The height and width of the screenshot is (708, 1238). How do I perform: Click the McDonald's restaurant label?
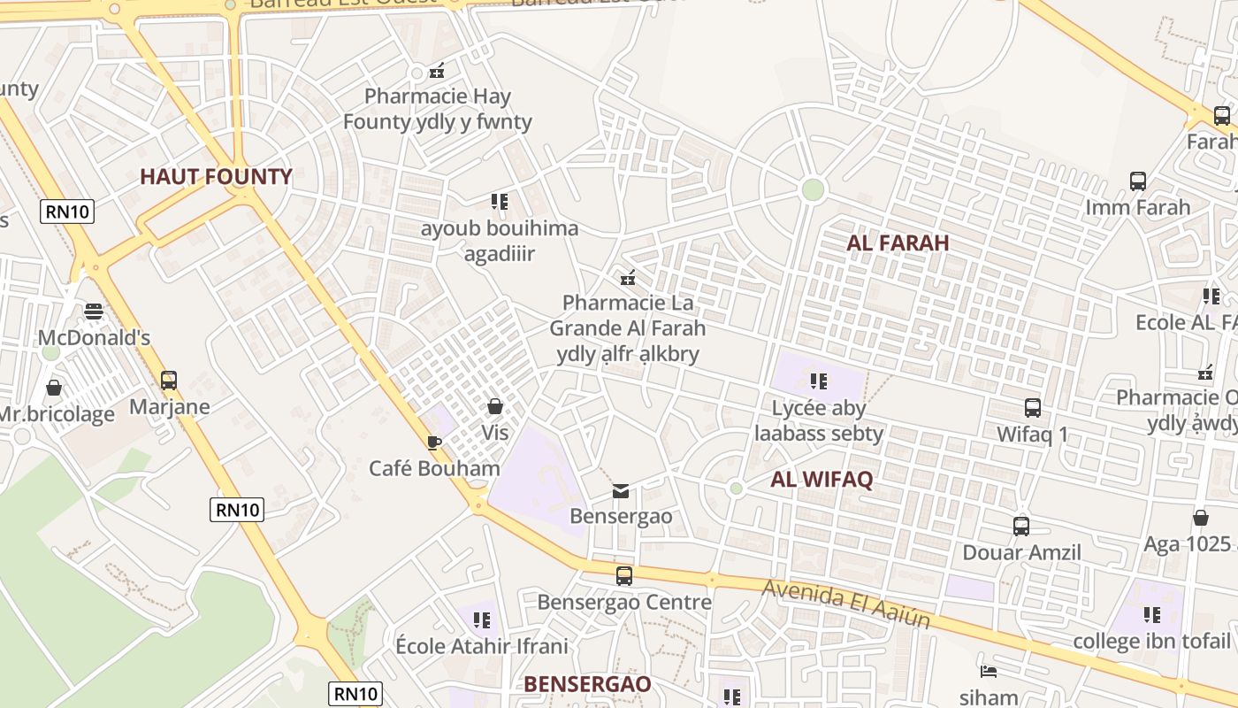[x=94, y=338]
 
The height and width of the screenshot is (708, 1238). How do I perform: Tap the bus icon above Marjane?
[x=169, y=381]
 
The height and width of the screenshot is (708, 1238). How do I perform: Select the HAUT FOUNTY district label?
[x=216, y=176]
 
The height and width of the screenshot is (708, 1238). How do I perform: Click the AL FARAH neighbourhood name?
[x=898, y=242]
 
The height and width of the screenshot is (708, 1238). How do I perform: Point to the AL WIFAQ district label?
[x=822, y=480]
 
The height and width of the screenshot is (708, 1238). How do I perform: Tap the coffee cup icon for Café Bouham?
[x=433, y=442]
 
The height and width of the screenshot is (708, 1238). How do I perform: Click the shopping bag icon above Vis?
[x=495, y=406]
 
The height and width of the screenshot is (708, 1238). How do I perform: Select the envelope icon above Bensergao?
[x=621, y=490]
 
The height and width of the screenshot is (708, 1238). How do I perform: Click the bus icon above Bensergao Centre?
[x=624, y=576]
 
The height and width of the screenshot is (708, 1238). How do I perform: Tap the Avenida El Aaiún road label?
[x=846, y=604]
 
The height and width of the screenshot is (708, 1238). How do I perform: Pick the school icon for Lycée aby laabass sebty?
[x=819, y=381]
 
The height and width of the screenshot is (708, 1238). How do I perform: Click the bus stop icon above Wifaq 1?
[x=1033, y=408]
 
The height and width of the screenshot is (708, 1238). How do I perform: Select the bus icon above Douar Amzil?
[x=1021, y=526]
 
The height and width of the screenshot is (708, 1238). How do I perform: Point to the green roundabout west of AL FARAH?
[x=813, y=189]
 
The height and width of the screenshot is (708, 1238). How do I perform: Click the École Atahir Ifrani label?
[x=481, y=646]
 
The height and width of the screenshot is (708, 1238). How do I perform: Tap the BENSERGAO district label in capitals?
[x=587, y=684]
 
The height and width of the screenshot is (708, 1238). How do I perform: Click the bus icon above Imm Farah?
[x=1138, y=181]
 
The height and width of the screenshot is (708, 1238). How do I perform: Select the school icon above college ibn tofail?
[x=1151, y=614]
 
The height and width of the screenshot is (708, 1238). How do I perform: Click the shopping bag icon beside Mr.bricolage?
[x=54, y=388]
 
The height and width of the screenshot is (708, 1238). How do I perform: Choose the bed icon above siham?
[x=989, y=672]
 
